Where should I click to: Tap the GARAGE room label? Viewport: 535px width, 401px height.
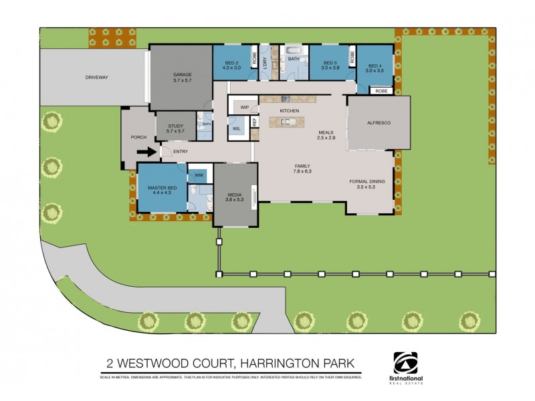[183, 74]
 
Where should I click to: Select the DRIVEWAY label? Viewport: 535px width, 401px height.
[97, 78]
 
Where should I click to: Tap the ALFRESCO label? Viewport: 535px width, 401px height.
[379, 124]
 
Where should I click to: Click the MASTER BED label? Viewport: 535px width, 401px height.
[163, 188]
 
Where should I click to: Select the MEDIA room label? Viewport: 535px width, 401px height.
[233, 194]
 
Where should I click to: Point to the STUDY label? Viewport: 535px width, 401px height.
[176, 125]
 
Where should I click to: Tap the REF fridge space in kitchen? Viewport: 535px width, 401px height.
[254, 122]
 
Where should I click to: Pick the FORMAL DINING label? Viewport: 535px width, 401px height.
[368, 181]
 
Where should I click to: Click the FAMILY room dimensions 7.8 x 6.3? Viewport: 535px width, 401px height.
[302, 171]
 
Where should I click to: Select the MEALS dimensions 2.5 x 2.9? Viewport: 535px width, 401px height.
[326, 137]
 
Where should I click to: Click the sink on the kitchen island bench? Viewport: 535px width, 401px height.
[286, 122]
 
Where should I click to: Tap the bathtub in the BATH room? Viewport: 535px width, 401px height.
[294, 51]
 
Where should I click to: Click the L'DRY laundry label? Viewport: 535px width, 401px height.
[265, 63]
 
